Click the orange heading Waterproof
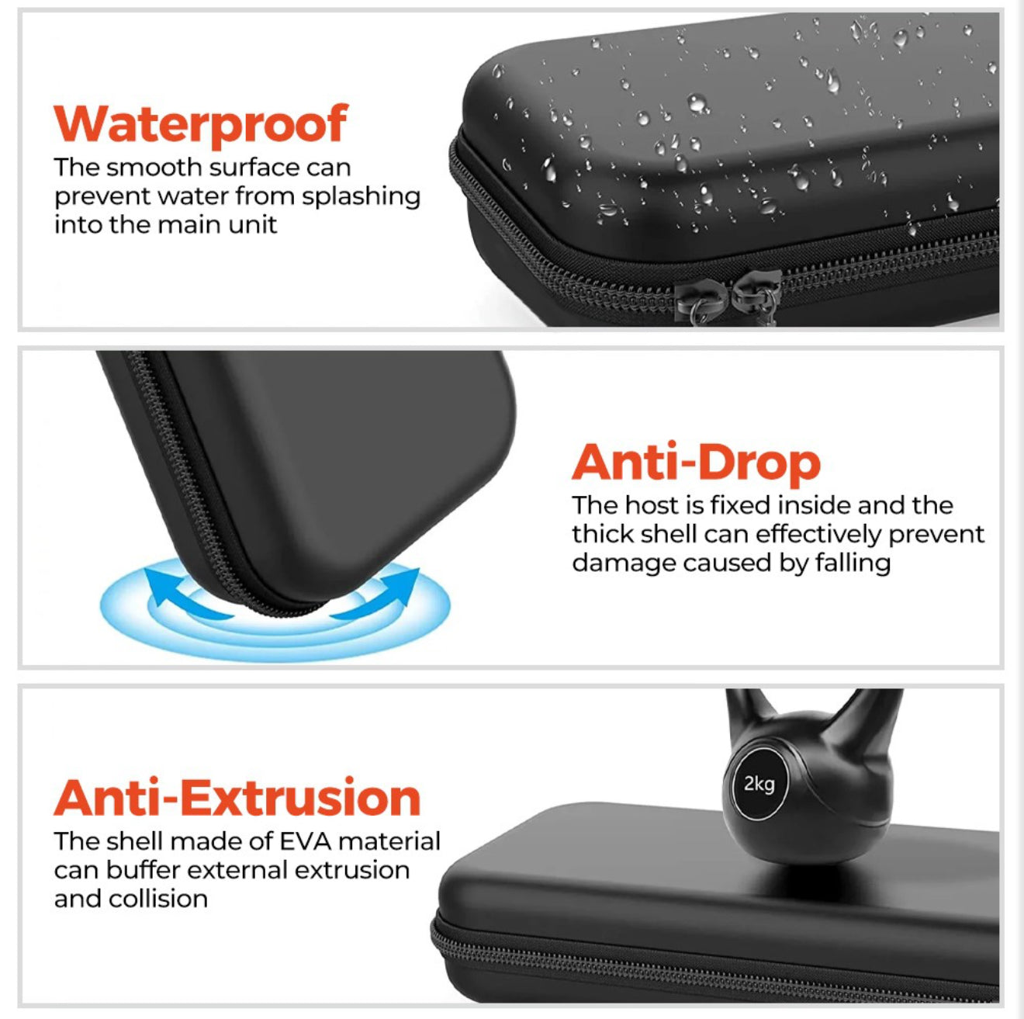coord(201,124)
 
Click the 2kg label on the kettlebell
coord(759,784)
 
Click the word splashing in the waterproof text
coord(361,197)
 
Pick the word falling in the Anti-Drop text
coord(852,563)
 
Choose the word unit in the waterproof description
coord(252,225)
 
